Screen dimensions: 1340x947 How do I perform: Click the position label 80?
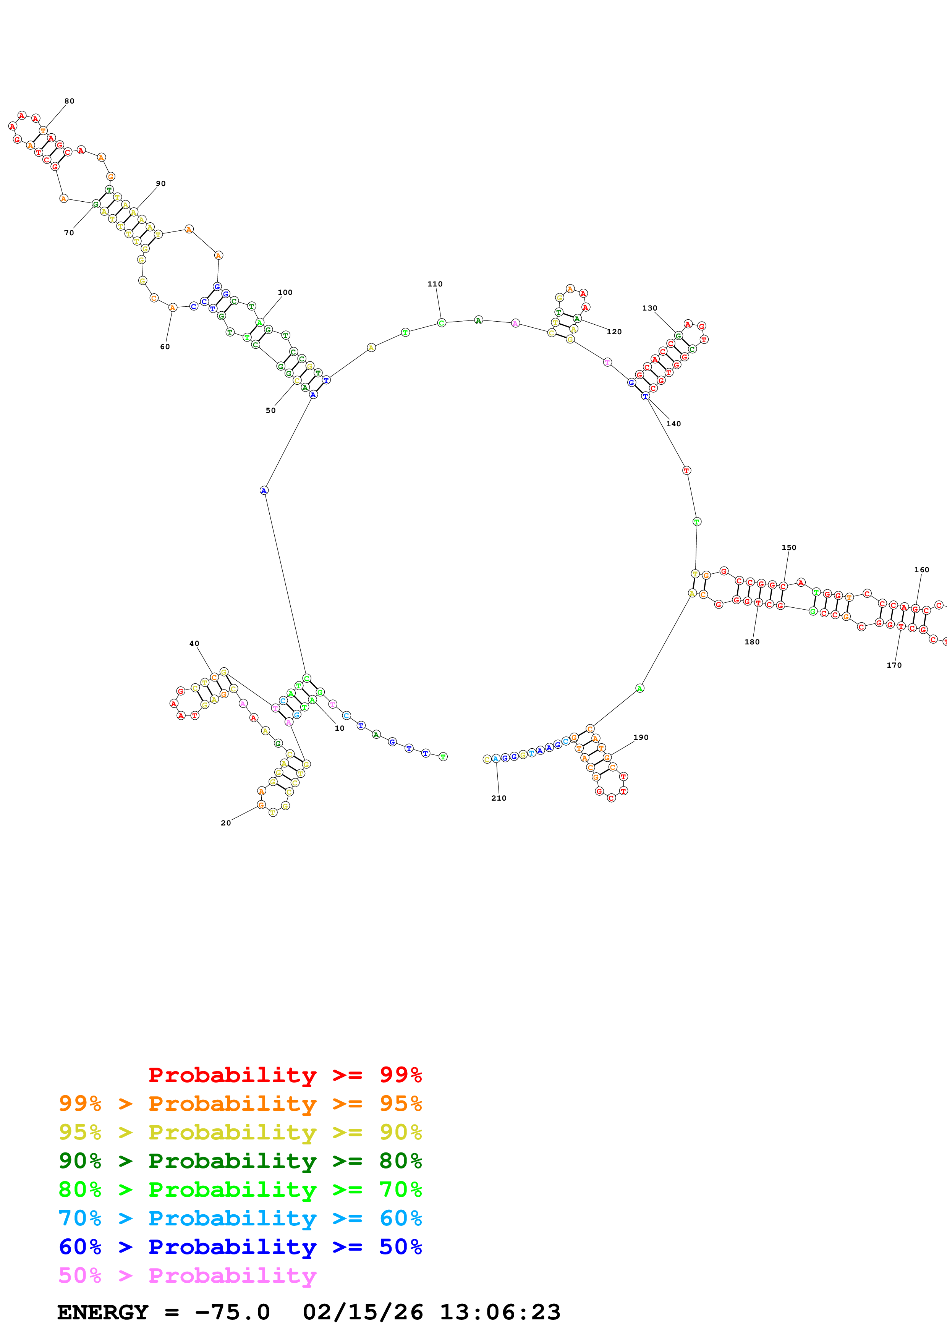point(70,101)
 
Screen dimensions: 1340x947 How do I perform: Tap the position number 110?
point(435,284)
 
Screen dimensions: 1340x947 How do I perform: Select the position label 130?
point(649,308)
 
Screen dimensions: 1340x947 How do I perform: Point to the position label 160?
point(921,570)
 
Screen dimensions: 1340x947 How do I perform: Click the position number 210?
point(499,798)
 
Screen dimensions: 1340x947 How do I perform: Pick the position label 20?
point(226,823)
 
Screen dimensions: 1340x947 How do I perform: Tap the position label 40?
point(194,643)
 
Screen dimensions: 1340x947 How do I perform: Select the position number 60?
point(165,347)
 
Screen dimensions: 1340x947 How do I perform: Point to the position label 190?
point(641,737)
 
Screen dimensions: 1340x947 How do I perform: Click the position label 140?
point(673,424)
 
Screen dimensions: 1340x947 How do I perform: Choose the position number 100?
point(285,292)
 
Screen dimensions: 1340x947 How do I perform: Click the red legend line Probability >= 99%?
point(285,1075)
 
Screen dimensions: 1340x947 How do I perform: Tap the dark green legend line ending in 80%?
point(240,1161)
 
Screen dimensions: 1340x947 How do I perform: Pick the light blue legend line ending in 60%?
point(240,1218)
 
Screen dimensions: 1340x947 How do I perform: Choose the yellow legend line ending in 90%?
point(240,1132)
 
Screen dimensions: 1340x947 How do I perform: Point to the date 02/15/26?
point(363,1312)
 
